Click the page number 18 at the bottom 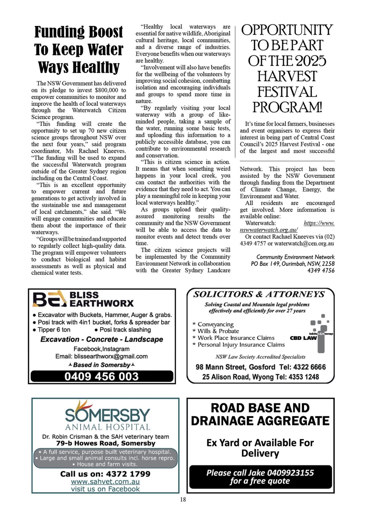(x=183, y=499)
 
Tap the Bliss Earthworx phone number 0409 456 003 (x=101, y=376)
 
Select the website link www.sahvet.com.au (x=105, y=482)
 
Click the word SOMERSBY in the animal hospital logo (x=107, y=415)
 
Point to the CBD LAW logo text (x=303, y=338)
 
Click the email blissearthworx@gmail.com (x=111, y=356)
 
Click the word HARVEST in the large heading (x=287, y=76)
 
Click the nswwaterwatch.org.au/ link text (x=269, y=230)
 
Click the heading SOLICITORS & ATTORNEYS (x=259, y=294)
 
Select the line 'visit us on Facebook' (x=105, y=489)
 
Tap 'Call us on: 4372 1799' (x=105, y=474)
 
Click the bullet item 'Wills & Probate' (x=218, y=331)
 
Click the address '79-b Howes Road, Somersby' (x=106, y=443)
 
